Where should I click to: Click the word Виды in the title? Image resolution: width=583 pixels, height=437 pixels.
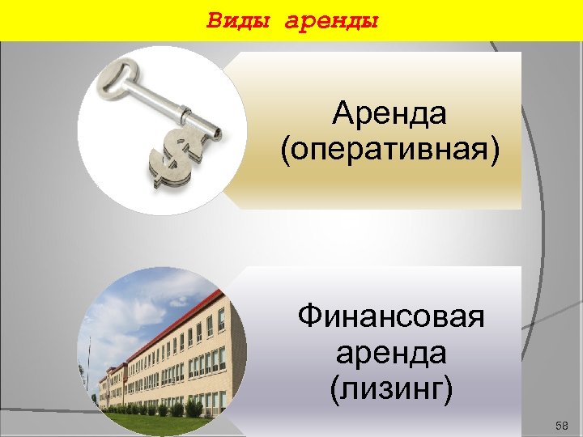point(240,19)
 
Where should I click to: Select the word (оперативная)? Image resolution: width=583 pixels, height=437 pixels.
point(389,151)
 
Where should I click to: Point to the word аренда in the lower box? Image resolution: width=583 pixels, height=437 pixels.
point(390,353)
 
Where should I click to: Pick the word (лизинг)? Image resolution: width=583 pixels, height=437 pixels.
point(390,390)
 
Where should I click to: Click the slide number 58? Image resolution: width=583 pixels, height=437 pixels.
point(563,426)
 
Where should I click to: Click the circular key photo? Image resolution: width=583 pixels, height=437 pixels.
point(162,129)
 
